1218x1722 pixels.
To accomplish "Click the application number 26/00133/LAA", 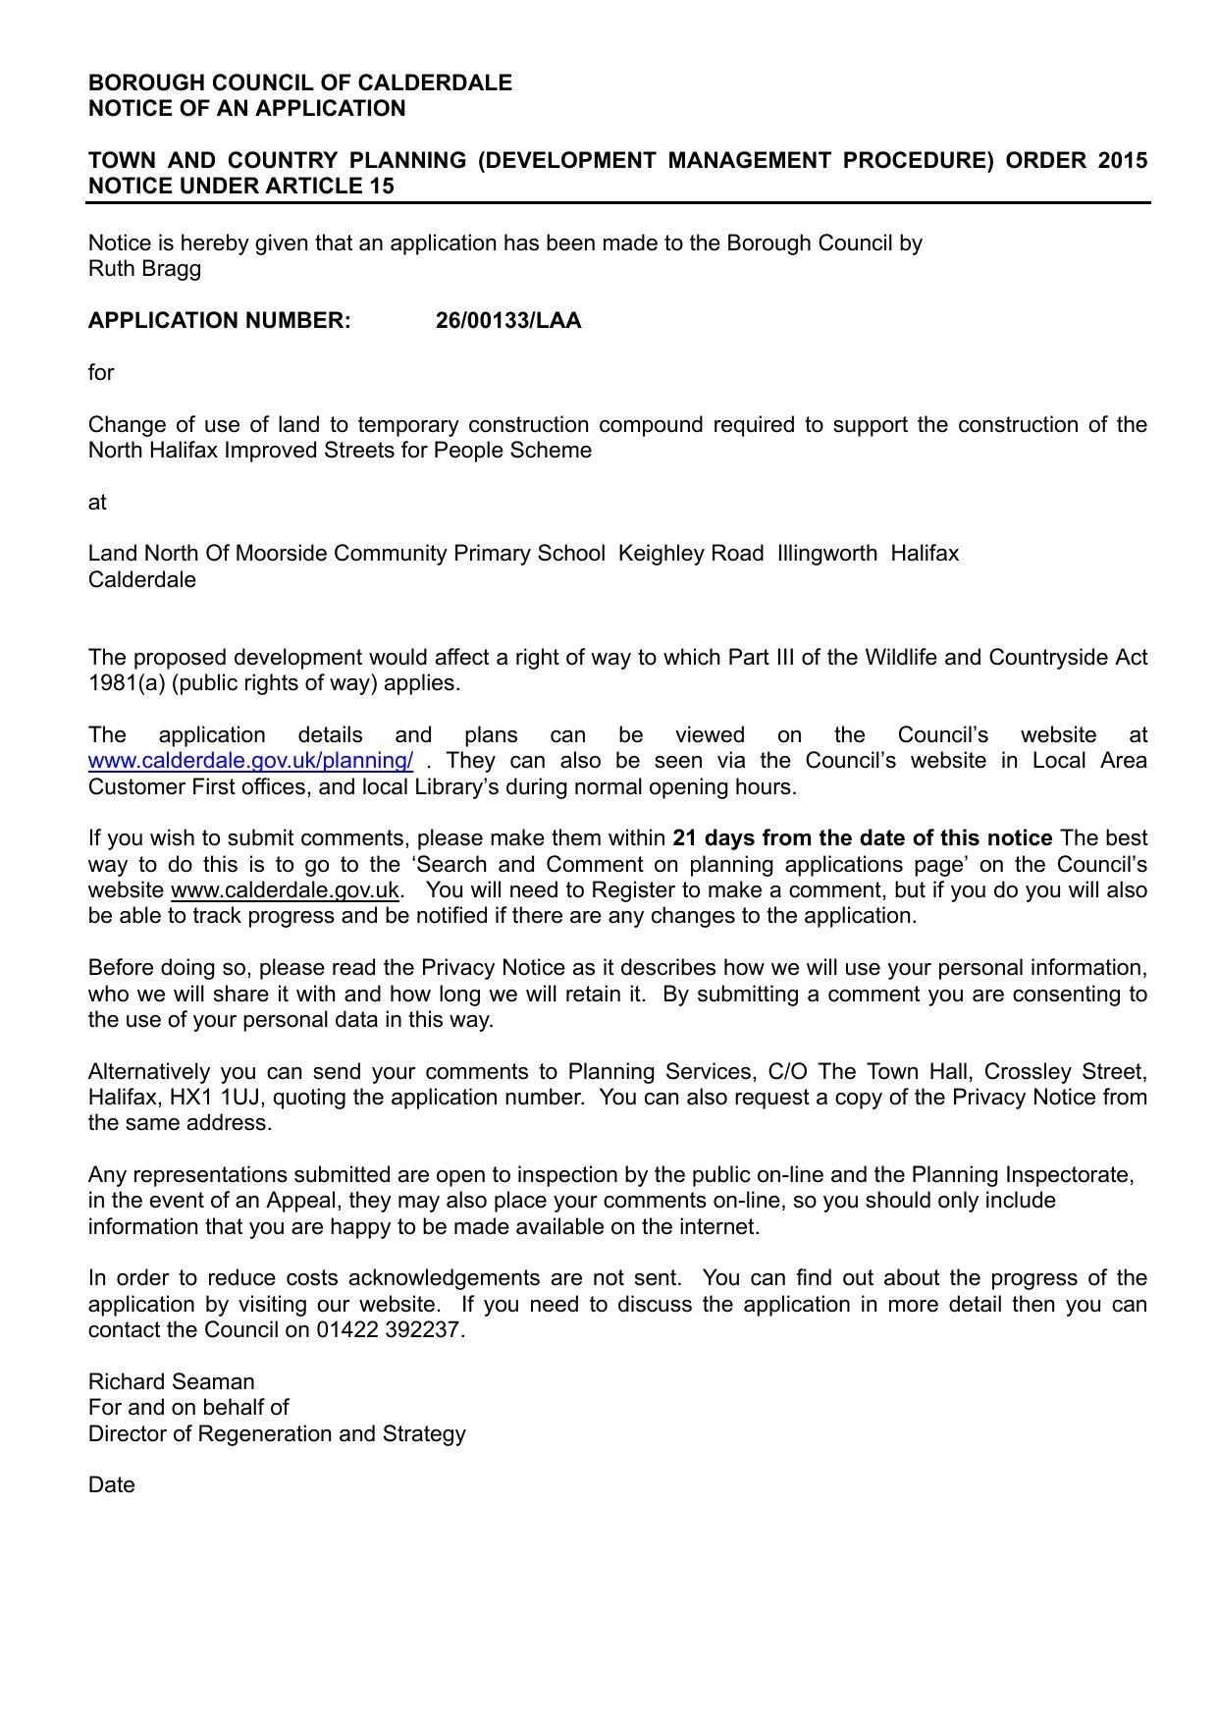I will [x=508, y=321].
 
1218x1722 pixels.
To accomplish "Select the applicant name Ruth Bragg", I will [x=144, y=269].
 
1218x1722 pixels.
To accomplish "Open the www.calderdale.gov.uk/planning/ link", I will [x=250, y=761].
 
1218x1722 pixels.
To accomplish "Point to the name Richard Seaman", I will [x=171, y=1382].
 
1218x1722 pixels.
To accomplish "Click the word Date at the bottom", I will [x=111, y=1485].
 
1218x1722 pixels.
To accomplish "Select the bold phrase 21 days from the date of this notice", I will [x=862, y=838].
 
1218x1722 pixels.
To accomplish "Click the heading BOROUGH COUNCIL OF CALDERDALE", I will [x=300, y=82].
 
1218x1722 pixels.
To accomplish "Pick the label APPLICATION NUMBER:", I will [x=219, y=321].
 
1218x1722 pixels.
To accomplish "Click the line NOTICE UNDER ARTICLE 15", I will [x=241, y=187].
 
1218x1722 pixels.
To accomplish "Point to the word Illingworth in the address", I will [x=826, y=554].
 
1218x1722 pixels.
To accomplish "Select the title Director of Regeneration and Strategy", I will [x=277, y=1434].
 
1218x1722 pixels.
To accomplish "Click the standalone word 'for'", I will [x=101, y=373].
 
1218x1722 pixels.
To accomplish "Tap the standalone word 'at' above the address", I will [x=97, y=503].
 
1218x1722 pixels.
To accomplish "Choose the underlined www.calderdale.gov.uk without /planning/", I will [x=285, y=890].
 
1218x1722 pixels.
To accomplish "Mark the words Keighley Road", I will [x=690, y=554].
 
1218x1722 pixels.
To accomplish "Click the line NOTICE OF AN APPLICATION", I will [x=246, y=109].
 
